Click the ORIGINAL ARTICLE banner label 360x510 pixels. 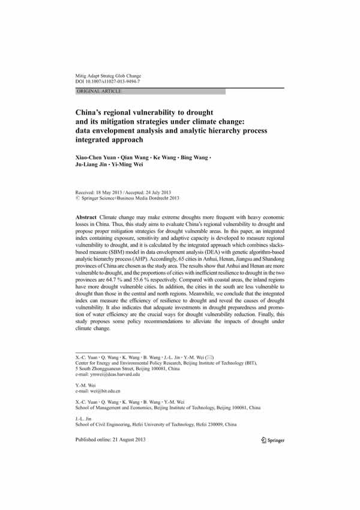(99, 91)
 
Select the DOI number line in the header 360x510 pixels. (107, 80)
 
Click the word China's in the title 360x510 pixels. (92, 112)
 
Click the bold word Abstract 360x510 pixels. (89, 215)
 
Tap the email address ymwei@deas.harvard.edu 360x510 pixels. (119, 374)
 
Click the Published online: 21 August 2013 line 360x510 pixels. (110, 440)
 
